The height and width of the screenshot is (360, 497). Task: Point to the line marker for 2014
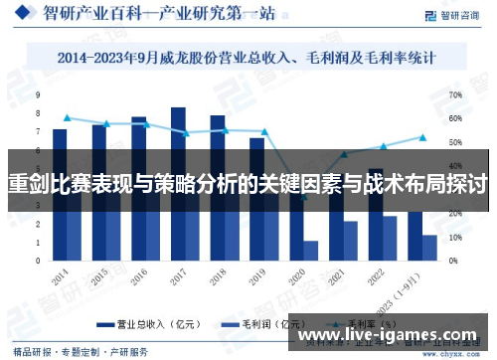67,118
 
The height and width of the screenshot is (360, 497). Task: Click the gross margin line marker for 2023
422,137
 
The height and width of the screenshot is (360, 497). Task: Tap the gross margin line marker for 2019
264,131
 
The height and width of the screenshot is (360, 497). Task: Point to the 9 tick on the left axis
39,95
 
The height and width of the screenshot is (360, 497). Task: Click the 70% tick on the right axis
455,95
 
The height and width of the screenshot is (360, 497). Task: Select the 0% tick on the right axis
453,261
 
